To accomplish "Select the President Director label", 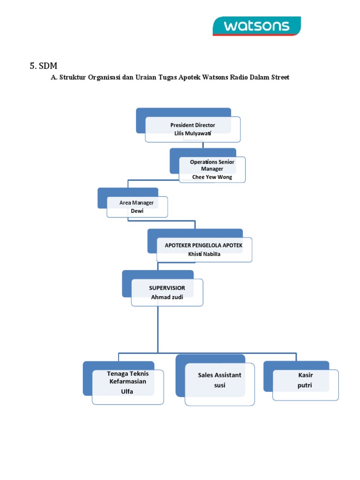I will pyautogui.click(x=193, y=125).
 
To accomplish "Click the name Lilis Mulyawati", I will pyautogui.click(x=193, y=133).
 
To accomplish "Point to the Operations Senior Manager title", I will pyautogui.click(x=212, y=165).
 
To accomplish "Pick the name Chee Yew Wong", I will pyautogui.click(x=212, y=177).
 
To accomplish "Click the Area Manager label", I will pyautogui.click(x=136, y=202).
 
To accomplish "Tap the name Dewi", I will pyautogui.click(x=136, y=211).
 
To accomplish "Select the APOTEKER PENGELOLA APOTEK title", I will pyautogui.click(x=203, y=245).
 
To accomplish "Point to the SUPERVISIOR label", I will pyautogui.click(x=167, y=287).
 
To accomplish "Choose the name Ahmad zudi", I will pyautogui.click(x=167, y=297).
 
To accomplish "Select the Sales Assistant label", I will pyautogui.click(x=219, y=375).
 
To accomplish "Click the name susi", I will pyautogui.click(x=219, y=385).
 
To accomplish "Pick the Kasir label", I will pyautogui.click(x=305, y=375).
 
